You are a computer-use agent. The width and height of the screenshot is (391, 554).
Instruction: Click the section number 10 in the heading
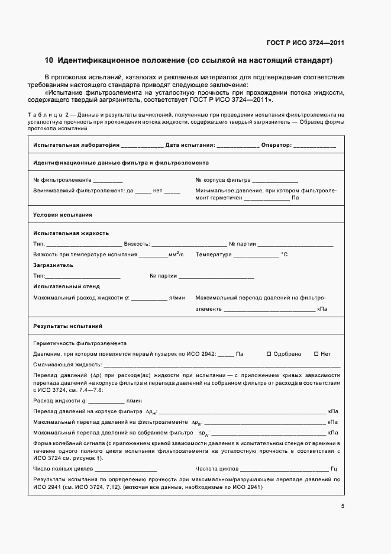click(49, 60)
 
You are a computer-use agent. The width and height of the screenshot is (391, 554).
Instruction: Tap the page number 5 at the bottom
click(342, 506)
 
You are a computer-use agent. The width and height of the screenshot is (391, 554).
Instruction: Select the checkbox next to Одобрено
click(269, 354)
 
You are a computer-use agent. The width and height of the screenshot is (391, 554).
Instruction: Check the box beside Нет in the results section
click(316, 354)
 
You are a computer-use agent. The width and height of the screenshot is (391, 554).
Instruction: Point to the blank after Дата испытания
click(238, 146)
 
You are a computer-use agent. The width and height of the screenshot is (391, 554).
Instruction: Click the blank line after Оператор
click(315, 146)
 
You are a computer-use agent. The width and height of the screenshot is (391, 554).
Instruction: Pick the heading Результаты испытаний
click(68, 326)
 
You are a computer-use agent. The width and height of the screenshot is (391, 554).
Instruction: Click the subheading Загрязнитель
click(53, 265)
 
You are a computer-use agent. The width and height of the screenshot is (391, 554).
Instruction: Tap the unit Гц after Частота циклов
click(334, 468)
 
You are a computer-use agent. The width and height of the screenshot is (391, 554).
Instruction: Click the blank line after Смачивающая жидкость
click(222, 366)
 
